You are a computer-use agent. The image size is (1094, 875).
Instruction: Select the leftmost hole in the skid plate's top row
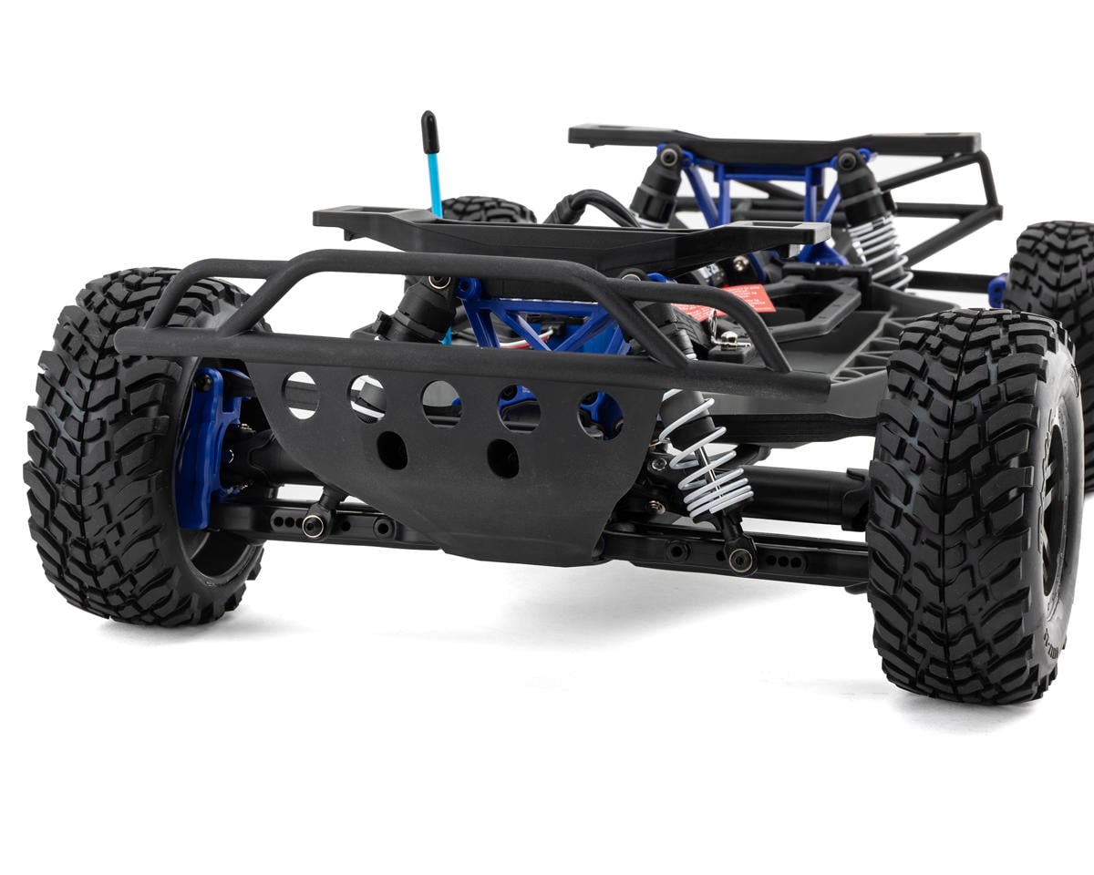pos(300,395)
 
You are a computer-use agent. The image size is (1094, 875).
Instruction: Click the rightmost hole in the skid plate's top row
pos(600,414)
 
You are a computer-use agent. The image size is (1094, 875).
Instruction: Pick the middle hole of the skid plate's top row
pos(441,403)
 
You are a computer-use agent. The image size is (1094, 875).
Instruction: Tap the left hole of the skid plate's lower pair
pos(392,450)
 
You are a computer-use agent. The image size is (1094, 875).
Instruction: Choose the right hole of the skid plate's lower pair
pos(502,458)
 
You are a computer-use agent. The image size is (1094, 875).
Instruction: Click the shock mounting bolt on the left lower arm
pos(314,525)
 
